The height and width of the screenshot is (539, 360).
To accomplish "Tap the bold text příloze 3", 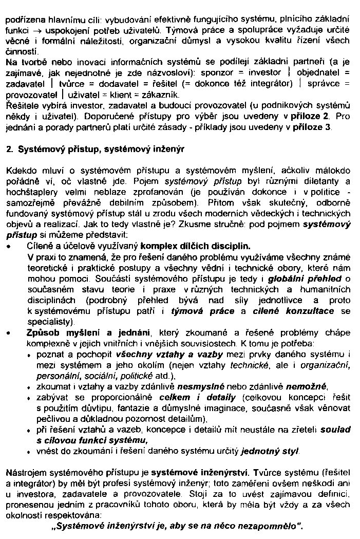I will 312,127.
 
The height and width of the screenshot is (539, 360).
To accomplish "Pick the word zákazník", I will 163,95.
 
